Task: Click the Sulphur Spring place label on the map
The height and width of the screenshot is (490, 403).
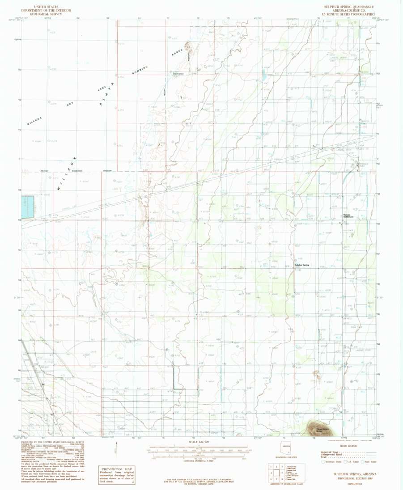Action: (302, 265)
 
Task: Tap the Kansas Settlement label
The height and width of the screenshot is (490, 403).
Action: (348, 216)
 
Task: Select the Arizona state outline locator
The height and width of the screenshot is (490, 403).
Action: (285, 448)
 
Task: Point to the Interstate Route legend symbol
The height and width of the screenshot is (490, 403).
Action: (323, 465)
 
